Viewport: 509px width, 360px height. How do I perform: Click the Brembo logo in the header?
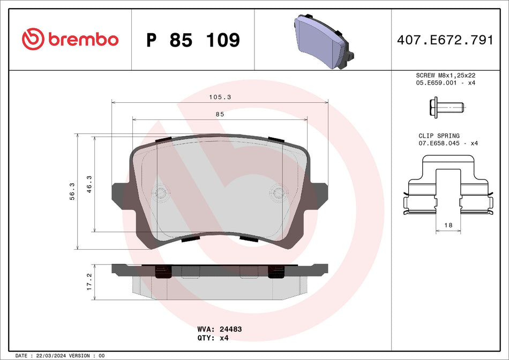[x=70, y=39]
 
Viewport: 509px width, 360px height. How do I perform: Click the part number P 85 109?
[x=193, y=40]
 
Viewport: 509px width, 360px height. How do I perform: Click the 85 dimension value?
[x=220, y=114]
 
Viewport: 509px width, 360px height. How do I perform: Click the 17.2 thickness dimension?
[x=90, y=282]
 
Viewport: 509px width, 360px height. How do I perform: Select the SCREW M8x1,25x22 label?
[x=446, y=76]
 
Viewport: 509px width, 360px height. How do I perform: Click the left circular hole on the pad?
[x=160, y=192]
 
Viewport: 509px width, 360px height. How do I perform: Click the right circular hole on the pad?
[x=278, y=192]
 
